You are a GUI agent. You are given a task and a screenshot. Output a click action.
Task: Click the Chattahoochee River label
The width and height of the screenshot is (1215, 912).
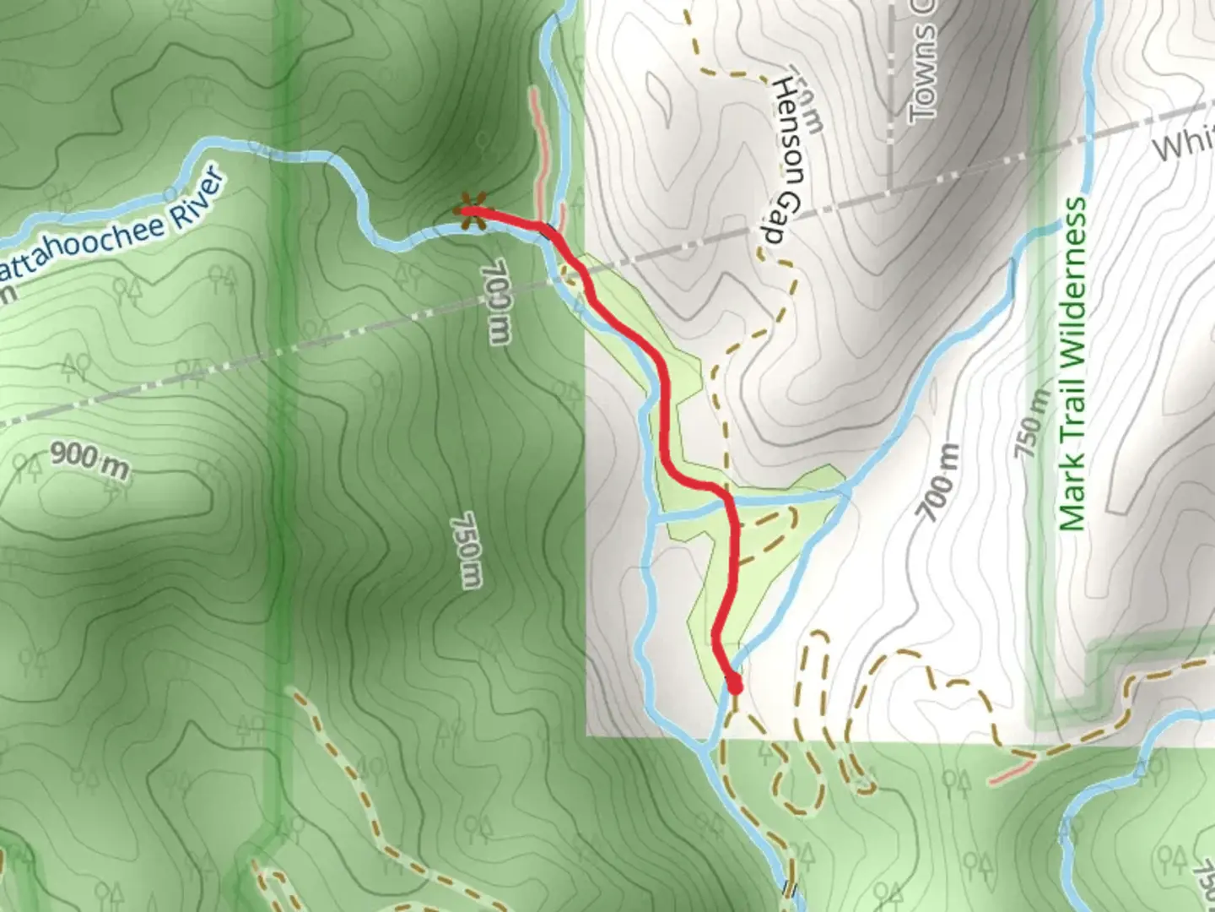point(114,228)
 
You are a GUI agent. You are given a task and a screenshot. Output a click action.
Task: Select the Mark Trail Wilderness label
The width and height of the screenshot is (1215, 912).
point(1072,363)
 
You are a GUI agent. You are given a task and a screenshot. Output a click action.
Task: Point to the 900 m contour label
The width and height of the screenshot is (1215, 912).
point(89,459)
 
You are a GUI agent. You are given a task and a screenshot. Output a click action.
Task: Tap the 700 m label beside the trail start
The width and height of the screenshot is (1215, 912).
point(496,301)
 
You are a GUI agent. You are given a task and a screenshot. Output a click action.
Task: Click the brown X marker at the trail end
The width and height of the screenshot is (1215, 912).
point(470,212)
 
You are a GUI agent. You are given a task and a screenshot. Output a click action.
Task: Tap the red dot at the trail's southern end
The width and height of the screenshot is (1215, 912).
point(735,687)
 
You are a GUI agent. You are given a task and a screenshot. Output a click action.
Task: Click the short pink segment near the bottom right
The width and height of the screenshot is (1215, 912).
point(1011,771)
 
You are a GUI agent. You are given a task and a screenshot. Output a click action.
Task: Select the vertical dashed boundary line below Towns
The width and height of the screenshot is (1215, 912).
point(892,127)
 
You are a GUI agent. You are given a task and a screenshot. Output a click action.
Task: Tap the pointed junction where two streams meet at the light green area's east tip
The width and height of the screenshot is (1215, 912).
point(847,489)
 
